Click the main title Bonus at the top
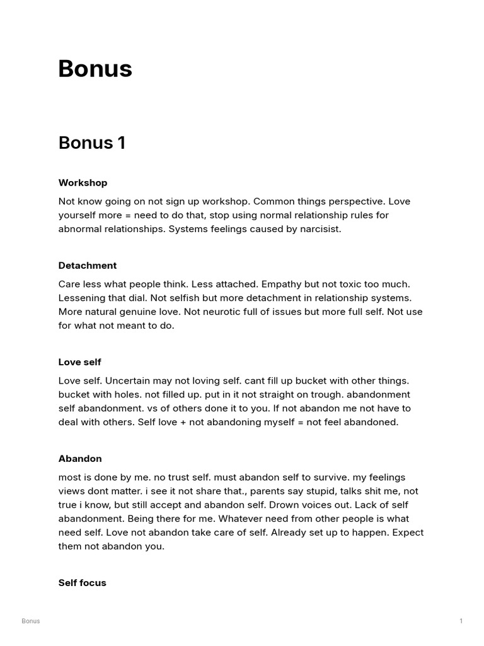click(95, 69)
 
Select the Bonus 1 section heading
click(92, 143)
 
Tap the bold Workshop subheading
click(83, 183)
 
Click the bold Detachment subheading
click(88, 266)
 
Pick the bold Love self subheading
click(79, 362)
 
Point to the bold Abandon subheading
click(80, 459)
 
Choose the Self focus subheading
click(82, 583)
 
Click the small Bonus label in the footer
click(30, 621)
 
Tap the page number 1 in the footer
click(461, 621)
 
